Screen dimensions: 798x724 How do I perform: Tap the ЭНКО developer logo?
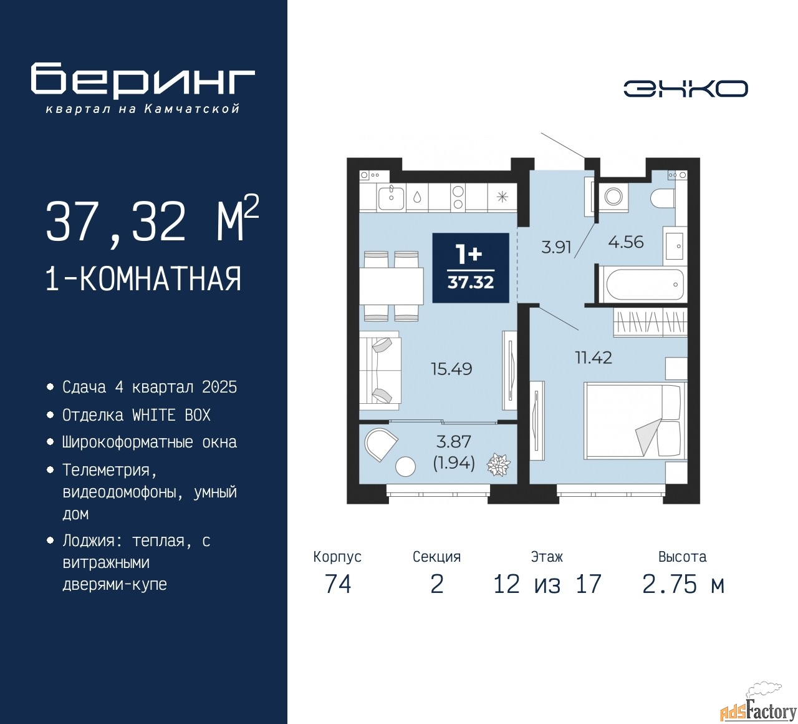coord(685,89)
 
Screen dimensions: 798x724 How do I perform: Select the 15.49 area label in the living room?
coord(451,369)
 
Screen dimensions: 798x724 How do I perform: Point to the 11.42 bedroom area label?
coord(593,357)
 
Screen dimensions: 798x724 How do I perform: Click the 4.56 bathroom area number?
coord(626,242)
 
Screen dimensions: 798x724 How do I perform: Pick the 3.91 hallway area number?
coord(556,247)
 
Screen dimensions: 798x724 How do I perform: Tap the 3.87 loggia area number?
coord(453,441)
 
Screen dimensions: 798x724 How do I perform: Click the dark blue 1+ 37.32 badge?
coord(470,268)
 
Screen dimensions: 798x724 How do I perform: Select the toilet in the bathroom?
coord(663,198)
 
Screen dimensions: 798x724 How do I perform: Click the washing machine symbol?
coord(613,197)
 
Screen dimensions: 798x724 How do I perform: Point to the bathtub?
coord(643,283)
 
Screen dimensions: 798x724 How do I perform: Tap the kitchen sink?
coord(391,197)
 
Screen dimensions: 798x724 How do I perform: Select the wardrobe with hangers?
coord(650,322)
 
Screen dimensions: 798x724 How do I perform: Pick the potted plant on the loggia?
coord(499,464)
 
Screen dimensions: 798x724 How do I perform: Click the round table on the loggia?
coord(405,466)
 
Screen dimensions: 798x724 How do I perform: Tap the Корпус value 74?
coord(338,584)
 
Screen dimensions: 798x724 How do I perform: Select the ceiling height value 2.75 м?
coord(683,584)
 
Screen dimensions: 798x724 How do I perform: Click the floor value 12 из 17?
coord(547,584)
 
